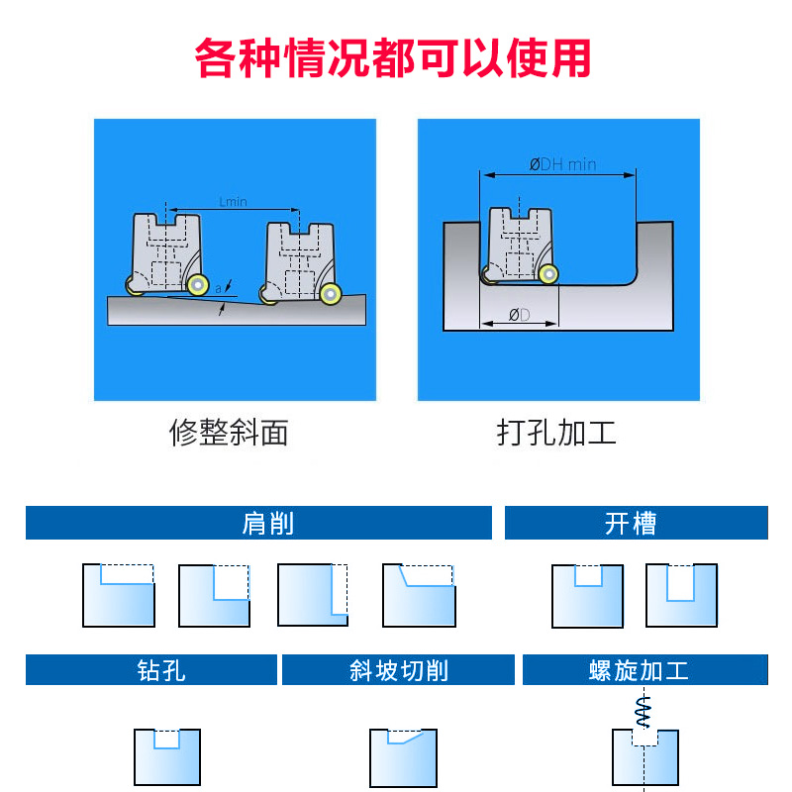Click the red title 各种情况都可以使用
tap(393, 58)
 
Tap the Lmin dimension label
tap(233, 201)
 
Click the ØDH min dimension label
tap(562, 164)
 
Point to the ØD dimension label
tap(519, 315)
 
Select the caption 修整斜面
tap(230, 433)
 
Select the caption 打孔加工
tap(556, 433)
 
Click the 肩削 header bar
tap(258, 523)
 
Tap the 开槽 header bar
tap(636, 523)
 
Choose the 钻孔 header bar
tap(150, 670)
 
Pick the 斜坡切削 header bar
tap(398, 670)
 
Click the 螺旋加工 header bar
tap(644, 670)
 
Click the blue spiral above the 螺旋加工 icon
tap(644, 708)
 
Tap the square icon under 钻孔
tap(167, 757)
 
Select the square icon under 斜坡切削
tap(403, 757)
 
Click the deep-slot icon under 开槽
tap(681, 595)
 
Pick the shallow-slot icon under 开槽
tap(587, 595)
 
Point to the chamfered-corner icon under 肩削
tap(419, 595)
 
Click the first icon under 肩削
tap(119, 595)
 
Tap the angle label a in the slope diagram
tap(218, 288)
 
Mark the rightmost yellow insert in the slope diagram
tap(331, 293)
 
